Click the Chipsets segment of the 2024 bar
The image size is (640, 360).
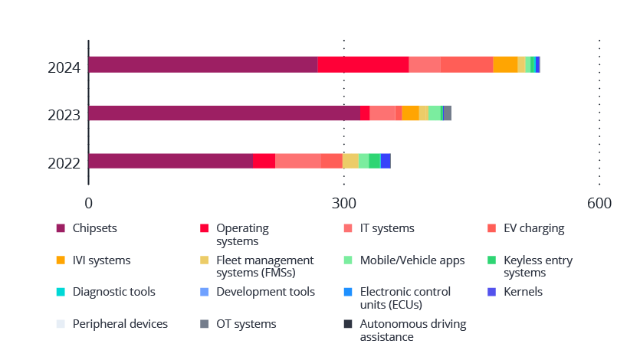coord(203,65)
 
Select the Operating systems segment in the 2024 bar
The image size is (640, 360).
coord(363,65)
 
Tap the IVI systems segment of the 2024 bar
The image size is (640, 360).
coord(505,65)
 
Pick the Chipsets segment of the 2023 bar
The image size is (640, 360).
coord(224,113)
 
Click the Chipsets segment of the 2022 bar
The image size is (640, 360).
coord(170,161)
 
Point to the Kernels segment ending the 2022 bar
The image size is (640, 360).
coord(386,161)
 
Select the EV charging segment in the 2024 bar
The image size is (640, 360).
coord(467,65)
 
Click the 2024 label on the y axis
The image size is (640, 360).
coord(64,68)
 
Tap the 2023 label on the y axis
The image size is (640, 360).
coord(64,116)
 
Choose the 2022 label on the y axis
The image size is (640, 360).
coord(64,163)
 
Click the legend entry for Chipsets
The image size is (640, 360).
coord(94,228)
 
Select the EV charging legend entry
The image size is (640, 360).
coord(533,228)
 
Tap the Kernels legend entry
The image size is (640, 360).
coord(523,292)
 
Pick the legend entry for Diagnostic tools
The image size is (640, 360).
coord(113,292)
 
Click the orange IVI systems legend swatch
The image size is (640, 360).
coord(61,260)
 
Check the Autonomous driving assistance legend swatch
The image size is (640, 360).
coord(348,324)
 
